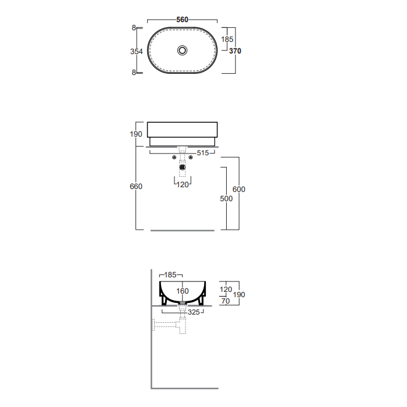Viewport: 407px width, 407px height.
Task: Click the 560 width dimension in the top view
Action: [x=182, y=20]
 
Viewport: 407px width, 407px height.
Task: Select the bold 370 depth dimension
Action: [x=235, y=51]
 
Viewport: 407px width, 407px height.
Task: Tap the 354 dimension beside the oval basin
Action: [x=136, y=51]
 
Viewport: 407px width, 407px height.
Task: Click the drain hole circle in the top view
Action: [x=182, y=51]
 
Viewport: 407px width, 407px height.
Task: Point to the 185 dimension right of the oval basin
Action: [x=227, y=39]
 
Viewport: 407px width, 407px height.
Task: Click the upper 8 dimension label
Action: [x=134, y=27]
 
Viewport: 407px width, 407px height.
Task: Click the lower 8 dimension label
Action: [x=134, y=73]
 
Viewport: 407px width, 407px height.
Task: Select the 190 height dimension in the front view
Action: [x=136, y=134]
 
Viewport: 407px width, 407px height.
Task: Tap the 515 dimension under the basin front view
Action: [x=203, y=153]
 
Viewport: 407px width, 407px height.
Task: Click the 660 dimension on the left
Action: [x=136, y=186]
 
